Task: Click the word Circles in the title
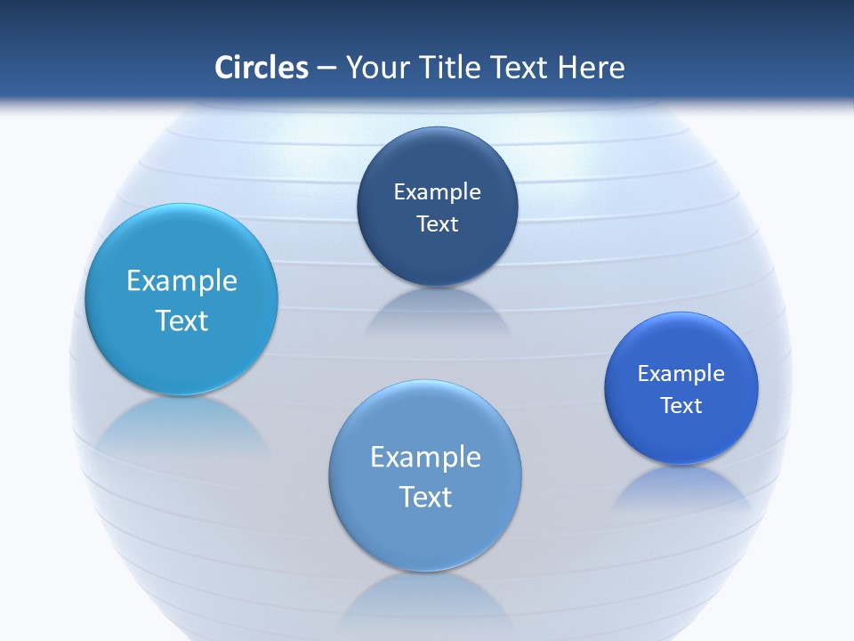click(261, 68)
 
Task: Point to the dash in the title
click(326, 69)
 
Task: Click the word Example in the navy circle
click(437, 192)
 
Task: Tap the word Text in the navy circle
click(437, 224)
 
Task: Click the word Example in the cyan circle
click(181, 281)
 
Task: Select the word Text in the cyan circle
click(181, 320)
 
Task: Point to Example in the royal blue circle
click(681, 374)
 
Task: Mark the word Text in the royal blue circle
click(681, 406)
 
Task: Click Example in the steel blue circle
click(425, 458)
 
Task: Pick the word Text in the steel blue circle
click(425, 497)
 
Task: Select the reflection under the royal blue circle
click(681, 490)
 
